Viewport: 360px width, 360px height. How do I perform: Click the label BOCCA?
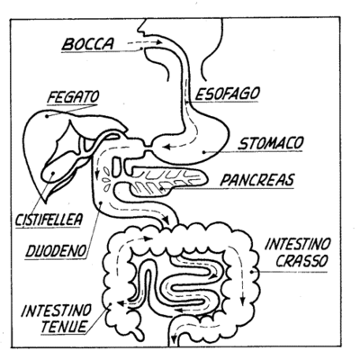tap(88, 44)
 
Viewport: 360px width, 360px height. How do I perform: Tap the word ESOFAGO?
tap(228, 94)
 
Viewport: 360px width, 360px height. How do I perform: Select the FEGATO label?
tap(74, 97)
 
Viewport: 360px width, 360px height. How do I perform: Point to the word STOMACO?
tap(271, 143)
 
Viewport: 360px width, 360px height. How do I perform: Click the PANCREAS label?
tap(257, 180)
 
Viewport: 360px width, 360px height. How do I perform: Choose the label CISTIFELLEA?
tap(49, 220)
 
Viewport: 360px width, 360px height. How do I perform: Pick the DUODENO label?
tap(56, 251)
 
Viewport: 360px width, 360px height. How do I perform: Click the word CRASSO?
tap(301, 261)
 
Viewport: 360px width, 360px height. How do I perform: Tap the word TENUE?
tap(64, 326)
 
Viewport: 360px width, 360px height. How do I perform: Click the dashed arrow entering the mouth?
tap(145, 42)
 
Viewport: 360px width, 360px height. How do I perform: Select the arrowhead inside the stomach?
tap(166, 147)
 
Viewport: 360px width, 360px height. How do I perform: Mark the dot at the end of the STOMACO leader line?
tap(204, 152)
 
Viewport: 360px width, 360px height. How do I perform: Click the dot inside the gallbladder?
tap(53, 173)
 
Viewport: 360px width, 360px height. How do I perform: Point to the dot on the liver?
tap(47, 116)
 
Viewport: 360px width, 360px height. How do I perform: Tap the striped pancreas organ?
tap(168, 181)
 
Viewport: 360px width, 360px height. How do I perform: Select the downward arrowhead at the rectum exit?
tap(173, 339)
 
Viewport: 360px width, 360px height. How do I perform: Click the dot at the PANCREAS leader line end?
tap(161, 189)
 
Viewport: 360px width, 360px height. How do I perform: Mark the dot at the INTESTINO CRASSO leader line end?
tap(253, 272)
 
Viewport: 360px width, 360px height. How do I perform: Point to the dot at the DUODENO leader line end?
tap(101, 202)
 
